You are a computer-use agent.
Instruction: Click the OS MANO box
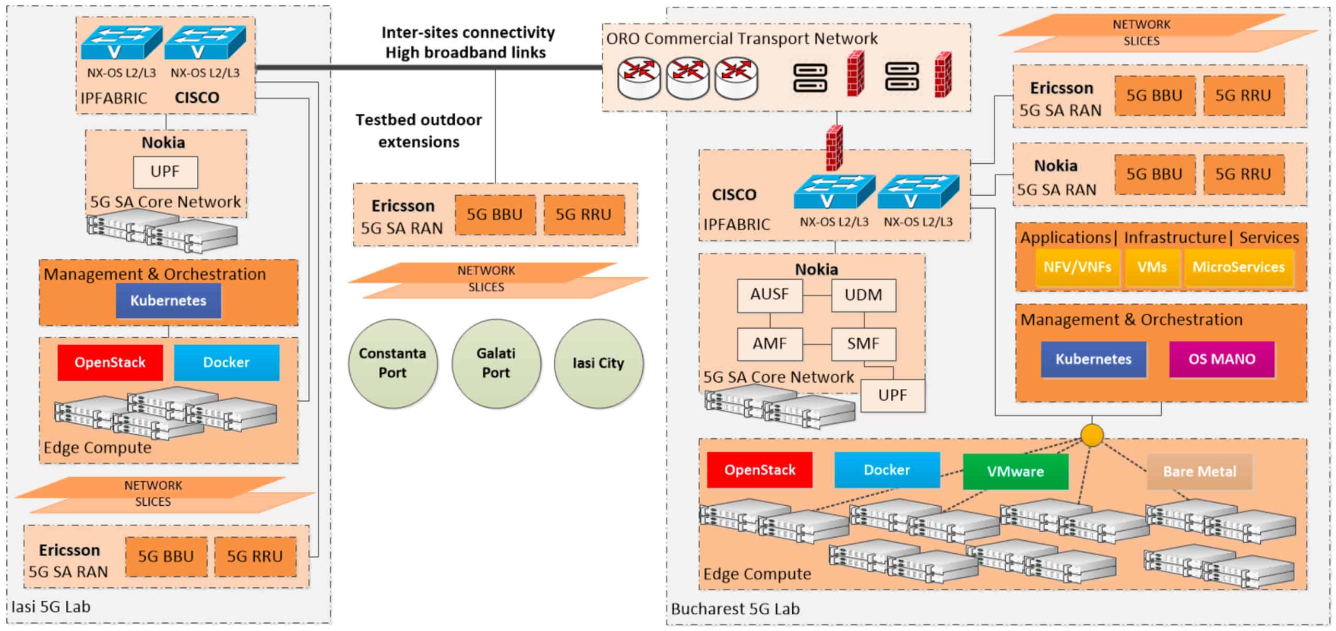1221,359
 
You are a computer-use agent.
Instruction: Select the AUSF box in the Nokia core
769,295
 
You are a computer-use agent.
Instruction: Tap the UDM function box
863,295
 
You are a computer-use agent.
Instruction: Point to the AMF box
769,344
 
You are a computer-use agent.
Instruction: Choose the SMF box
863,344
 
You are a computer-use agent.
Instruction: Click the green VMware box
1015,471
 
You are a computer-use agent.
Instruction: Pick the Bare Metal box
1199,471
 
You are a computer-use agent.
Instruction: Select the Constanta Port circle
392,363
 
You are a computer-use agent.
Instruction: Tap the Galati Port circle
496,363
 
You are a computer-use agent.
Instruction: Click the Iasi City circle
599,363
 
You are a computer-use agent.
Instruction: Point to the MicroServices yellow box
1238,267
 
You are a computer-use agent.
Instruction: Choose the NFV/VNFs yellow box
1077,267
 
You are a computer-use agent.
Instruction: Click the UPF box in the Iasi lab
165,172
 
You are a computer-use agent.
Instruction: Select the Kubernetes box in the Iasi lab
168,301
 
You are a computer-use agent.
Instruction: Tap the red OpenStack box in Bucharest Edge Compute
759,470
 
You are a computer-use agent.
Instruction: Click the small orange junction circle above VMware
1092,435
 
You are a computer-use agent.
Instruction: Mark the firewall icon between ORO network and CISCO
834,148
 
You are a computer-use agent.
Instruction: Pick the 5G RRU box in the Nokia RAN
1243,174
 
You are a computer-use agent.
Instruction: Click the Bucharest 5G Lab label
735,609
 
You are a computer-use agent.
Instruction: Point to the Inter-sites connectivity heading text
468,33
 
